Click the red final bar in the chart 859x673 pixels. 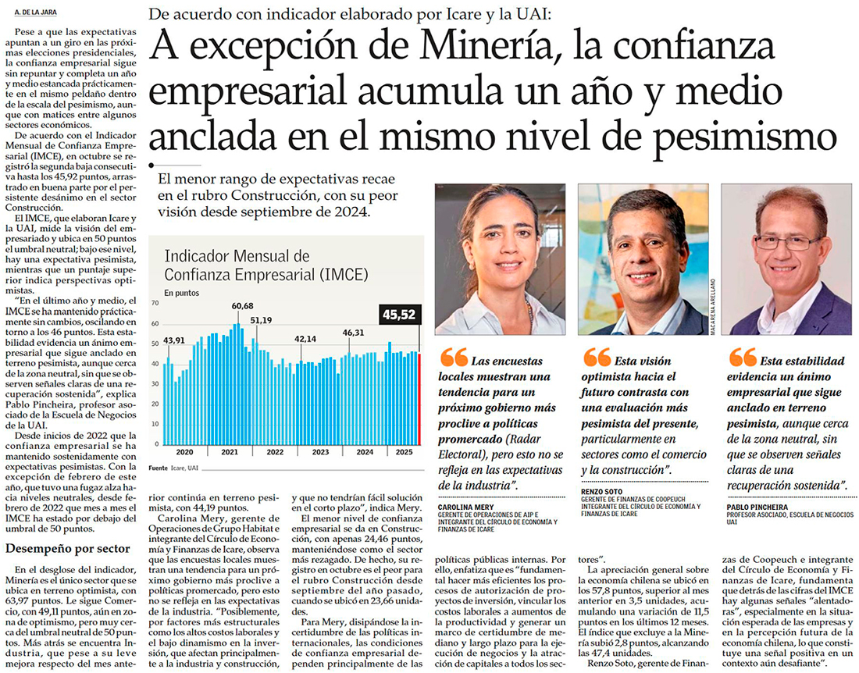pos(419,398)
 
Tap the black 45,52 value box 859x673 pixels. pos(400,315)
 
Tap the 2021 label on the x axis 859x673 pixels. pos(230,453)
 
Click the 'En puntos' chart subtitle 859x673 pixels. pos(180,294)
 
